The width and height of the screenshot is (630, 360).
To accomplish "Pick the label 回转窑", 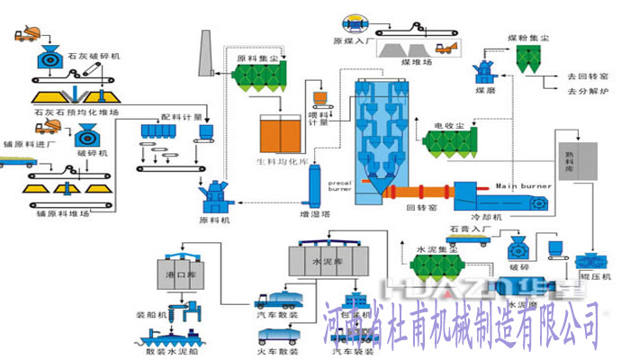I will [x=421, y=208].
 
